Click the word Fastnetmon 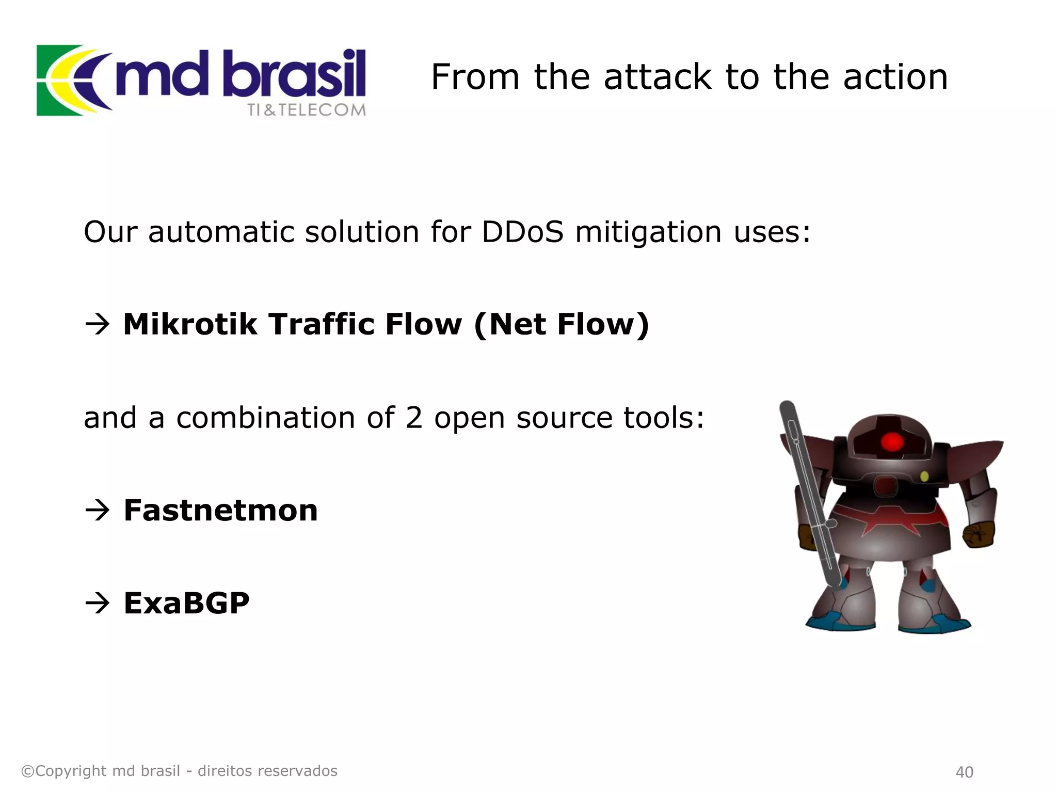tap(220, 511)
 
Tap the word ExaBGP tap(186, 603)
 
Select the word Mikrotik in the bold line tap(190, 324)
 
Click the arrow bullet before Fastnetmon tap(98, 511)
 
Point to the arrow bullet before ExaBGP tap(98, 603)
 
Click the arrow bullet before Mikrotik tap(98, 324)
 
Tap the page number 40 tap(964, 772)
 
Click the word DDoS tap(522, 232)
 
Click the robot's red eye tap(891, 442)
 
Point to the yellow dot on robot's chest tap(924, 476)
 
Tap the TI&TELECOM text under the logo tap(306, 110)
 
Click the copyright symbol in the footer tap(27, 771)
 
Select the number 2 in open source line tap(413, 418)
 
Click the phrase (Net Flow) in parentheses tap(561, 324)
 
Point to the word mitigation tap(648, 232)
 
